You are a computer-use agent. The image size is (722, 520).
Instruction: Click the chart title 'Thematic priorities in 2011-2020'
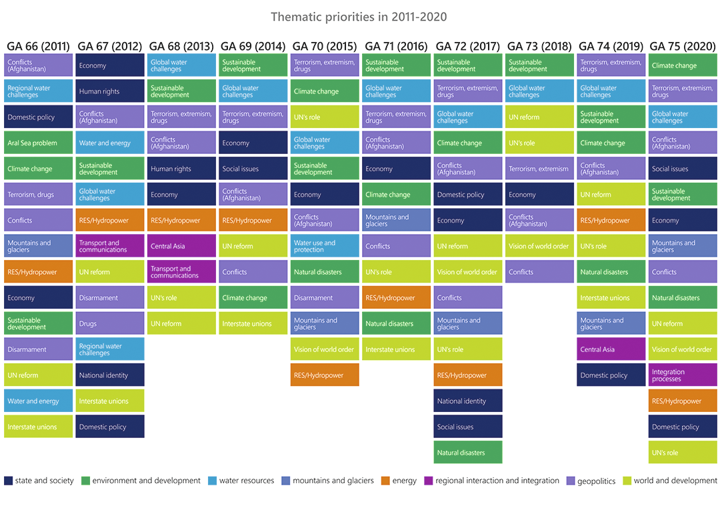[x=359, y=16]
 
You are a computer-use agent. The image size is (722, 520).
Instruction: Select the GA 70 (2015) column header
[x=325, y=46]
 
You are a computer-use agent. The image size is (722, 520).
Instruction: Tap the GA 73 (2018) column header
[x=539, y=46]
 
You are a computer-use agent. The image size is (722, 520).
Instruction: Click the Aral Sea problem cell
[x=38, y=143]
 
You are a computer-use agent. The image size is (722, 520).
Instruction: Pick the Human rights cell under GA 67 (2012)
[x=110, y=91]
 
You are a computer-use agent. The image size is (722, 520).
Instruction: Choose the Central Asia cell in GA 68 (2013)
[x=181, y=246]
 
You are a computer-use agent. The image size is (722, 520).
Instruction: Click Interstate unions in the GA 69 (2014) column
[x=253, y=324]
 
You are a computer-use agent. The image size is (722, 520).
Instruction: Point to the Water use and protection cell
[x=325, y=246]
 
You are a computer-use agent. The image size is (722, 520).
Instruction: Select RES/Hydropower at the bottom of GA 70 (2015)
[x=325, y=375]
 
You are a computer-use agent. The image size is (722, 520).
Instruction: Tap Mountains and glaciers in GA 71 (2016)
[x=397, y=221]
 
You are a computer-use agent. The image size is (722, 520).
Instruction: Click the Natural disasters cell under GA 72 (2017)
[x=467, y=453]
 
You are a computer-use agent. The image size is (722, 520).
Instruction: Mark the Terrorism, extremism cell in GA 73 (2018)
[x=539, y=169]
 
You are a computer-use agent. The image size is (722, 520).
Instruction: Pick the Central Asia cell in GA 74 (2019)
[x=611, y=349]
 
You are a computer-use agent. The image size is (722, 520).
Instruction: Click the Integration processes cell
[x=683, y=375]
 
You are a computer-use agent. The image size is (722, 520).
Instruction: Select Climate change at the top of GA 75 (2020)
[x=683, y=65]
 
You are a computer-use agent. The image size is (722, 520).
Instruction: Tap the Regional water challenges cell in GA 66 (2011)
[x=38, y=91]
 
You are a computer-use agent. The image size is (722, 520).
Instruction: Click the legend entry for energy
[x=399, y=481]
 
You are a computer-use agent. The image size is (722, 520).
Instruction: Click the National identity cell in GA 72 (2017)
[x=467, y=401]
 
